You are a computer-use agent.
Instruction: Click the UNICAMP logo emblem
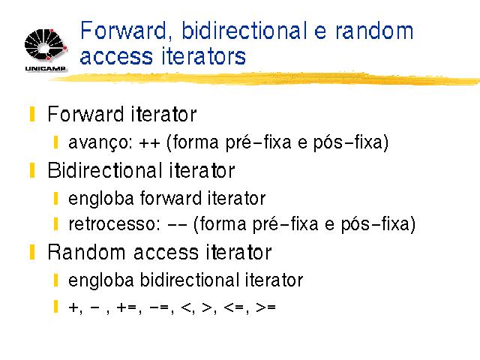[45, 45]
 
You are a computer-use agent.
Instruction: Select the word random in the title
[374, 31]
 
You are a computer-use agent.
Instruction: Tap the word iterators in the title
[203, 56]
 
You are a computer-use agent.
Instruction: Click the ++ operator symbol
[149, 143]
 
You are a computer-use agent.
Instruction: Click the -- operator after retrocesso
[177, 224]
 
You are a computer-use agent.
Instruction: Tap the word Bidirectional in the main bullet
[105, 170]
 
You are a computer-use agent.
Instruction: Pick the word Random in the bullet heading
[87, 252]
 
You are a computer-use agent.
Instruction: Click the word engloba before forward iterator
[101, 199]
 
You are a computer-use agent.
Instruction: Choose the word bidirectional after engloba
[189, 280]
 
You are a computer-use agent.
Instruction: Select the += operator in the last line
[127, 307]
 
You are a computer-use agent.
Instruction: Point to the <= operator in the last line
[234, 307]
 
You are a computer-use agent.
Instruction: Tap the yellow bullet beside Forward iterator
[32, 114]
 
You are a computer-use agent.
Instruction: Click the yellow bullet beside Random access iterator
[32, 252]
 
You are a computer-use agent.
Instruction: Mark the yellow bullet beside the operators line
[55, 307]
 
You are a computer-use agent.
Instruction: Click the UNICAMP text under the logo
[45, 68]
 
